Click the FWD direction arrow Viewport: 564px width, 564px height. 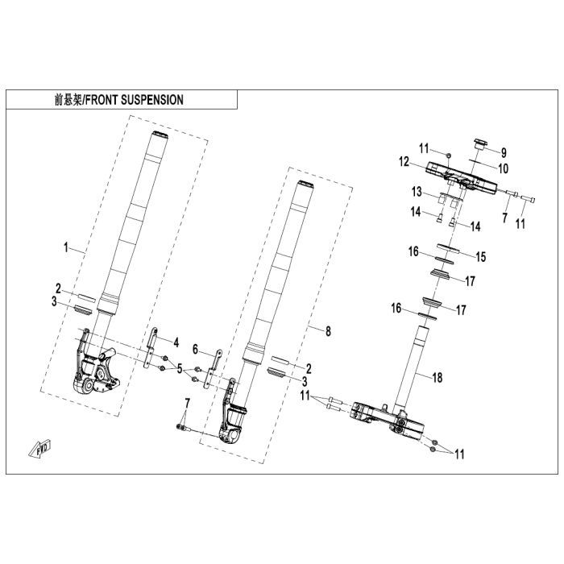(39, 449)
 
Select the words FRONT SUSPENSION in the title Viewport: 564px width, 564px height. (135, 100)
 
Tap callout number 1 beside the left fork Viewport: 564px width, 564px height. (66, 247)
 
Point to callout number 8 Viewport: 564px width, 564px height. (328, 331)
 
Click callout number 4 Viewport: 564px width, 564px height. (176, 342)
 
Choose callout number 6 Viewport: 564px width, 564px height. (195, 349)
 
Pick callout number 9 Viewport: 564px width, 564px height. (504, 153)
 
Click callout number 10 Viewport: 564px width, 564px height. (503, 168)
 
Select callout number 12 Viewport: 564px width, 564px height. (404, 162)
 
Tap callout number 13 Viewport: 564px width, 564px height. (417, 192)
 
